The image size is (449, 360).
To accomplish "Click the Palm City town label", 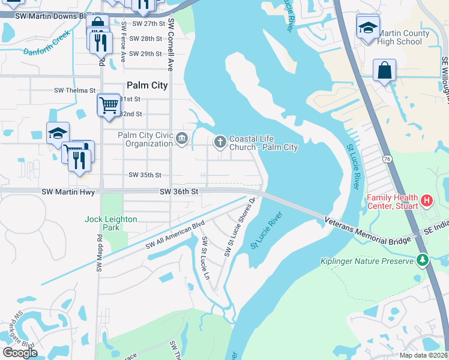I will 147,85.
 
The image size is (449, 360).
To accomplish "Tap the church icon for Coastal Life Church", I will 220,142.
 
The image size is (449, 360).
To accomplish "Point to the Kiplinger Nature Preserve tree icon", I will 423,260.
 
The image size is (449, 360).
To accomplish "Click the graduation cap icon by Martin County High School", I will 368,28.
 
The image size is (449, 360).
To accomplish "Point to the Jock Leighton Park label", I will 111,223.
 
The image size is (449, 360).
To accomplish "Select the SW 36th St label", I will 178,191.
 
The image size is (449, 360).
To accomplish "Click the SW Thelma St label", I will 75,91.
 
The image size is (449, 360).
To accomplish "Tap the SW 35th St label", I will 146,175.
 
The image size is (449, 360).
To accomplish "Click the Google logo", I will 20,353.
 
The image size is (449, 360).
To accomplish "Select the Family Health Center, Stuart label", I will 391,202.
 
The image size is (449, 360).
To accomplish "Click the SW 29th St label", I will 146,54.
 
